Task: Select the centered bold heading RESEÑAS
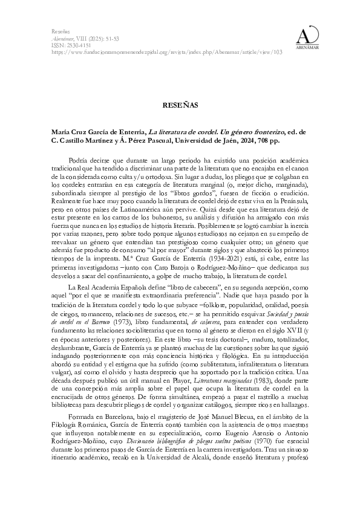point(180,105)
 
